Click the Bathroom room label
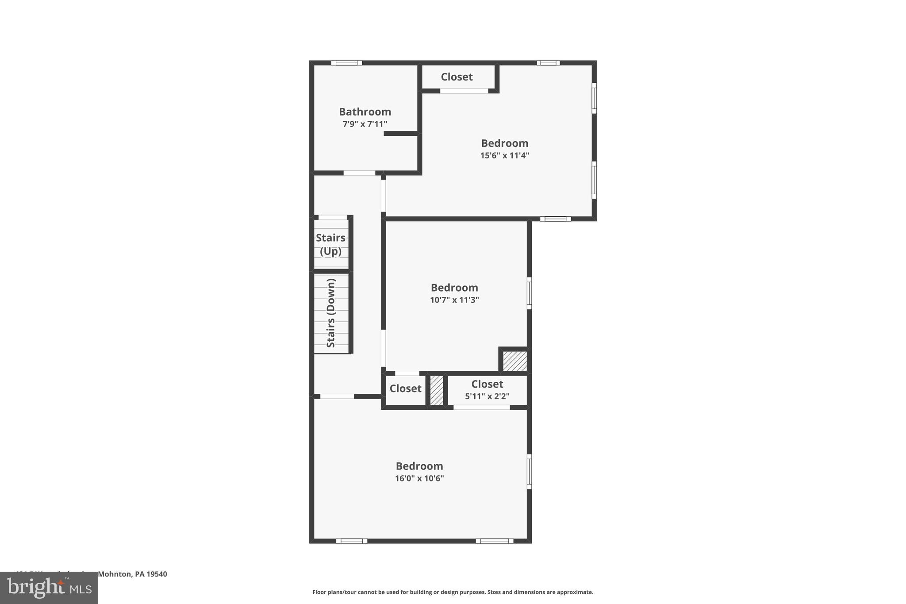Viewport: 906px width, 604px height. [365, 112]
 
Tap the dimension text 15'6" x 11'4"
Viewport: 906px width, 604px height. [504, 155]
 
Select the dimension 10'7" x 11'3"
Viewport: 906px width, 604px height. [454, 300]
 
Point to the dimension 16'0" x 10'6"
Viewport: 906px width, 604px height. [419, 478]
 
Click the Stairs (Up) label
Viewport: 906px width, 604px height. [330, 244]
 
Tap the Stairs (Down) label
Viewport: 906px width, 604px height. [331, 313]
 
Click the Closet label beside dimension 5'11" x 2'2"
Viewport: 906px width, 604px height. [487, 384]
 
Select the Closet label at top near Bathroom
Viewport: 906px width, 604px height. [457, 77]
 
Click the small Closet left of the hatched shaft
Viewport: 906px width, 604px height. [405, 389]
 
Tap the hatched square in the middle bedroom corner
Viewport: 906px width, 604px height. [515, 361]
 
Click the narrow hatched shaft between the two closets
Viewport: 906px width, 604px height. [436, 390]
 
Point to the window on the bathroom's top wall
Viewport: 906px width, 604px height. [346, 63]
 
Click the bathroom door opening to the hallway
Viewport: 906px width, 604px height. [359, 173]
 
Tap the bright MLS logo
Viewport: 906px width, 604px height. [49, 588]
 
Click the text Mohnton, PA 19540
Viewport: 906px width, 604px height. [132, 574]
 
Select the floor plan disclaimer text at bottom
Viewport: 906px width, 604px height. [453, 592]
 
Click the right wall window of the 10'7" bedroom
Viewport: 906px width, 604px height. [529, 293]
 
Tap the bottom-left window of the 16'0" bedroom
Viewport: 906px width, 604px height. [351, 541]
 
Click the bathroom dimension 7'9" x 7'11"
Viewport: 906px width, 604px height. [365, 124]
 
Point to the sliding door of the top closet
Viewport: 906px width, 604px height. [464, 91]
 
